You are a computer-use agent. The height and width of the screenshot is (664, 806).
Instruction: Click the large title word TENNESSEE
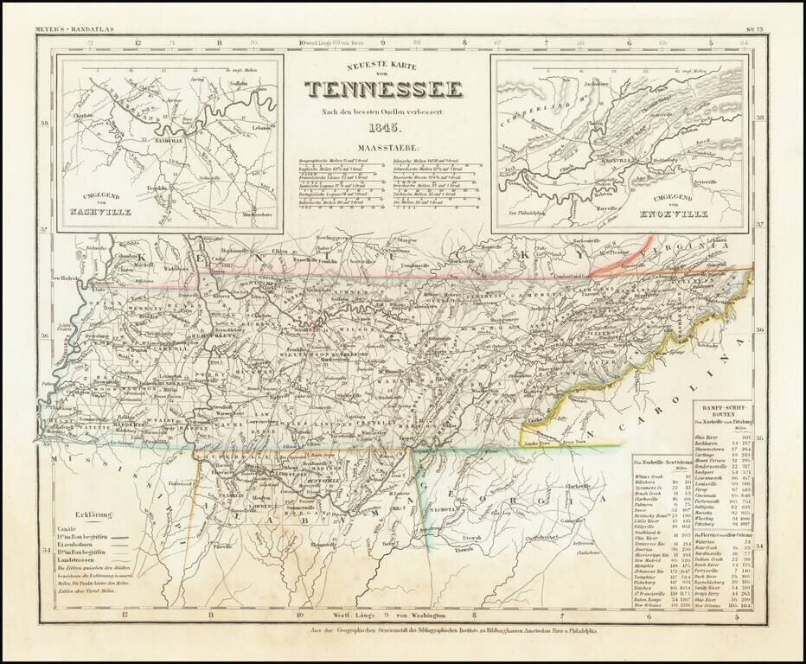pos(383,89)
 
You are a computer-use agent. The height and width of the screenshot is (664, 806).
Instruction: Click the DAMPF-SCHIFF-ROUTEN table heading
pos(726,410)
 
